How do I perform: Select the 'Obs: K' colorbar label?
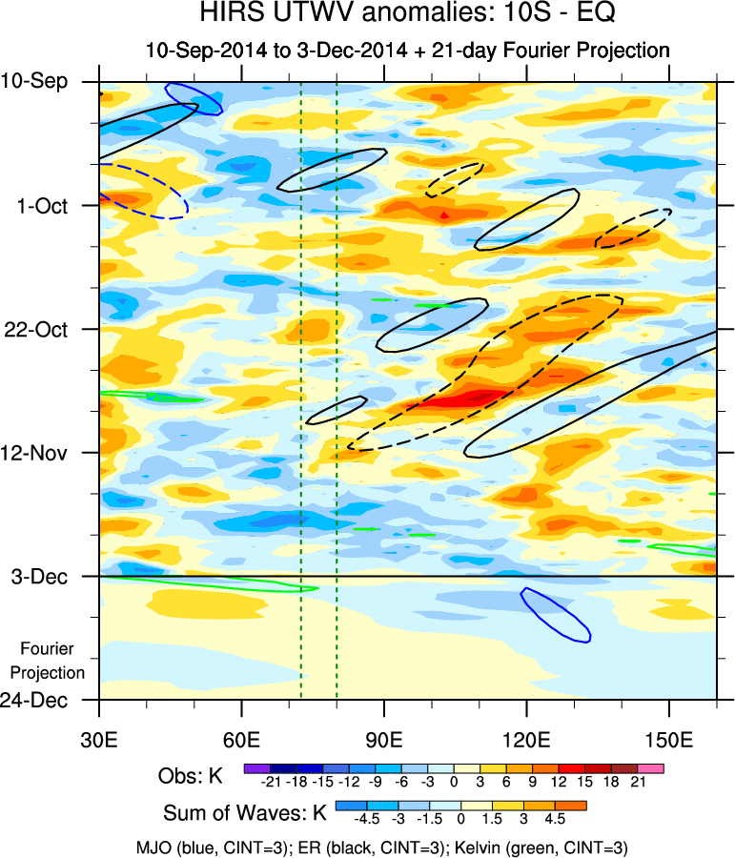pos(191,776)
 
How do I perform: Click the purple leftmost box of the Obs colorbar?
pos(256,766)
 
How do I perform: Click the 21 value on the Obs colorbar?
pos(638,782)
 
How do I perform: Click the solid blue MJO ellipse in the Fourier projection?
pos(556,614)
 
